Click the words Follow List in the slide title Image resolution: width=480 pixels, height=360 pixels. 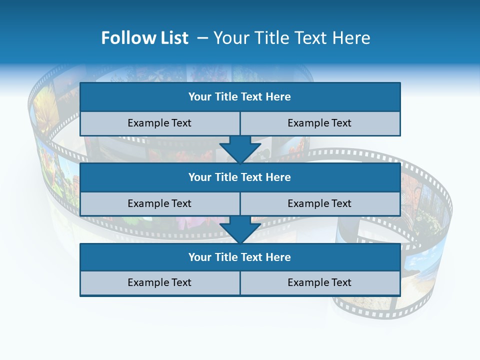click(x=144, y=38)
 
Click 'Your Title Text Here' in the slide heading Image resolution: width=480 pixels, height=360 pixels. click(x=292, y=38)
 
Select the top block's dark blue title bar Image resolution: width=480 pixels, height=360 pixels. click(x=240, y=97)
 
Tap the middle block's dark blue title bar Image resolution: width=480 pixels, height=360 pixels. click(x=240, y=177)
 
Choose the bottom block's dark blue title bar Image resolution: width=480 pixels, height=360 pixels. click(x=240, y=257)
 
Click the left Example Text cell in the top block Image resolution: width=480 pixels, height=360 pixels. click(x=159, y=123)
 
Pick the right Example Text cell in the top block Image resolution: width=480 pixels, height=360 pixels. click(x=319, y=123)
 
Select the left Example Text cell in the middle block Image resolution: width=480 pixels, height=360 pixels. click(x=159, y=203)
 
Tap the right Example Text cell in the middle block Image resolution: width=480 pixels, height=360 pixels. click(x=319, y=203)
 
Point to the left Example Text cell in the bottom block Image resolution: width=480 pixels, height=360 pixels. click(x=159, y=282)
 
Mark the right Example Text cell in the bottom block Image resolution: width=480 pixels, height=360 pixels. click(x=319, y=282)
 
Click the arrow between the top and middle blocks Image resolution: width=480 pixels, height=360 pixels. click(x=240, y=149)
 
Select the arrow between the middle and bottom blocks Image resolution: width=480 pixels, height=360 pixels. click(x=240, y=229)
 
